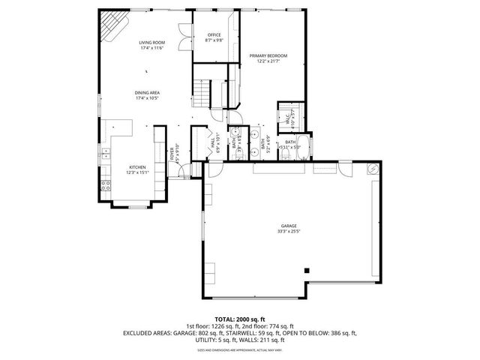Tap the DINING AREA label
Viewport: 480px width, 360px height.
148,93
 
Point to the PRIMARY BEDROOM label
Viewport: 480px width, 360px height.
268,55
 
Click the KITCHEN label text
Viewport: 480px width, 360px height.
136,167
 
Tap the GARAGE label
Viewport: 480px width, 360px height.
289,226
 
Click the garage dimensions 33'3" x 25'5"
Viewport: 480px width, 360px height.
289,232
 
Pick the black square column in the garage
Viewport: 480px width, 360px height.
306,270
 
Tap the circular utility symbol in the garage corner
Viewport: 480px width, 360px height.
370,169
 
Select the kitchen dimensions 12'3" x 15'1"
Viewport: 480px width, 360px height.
136,172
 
